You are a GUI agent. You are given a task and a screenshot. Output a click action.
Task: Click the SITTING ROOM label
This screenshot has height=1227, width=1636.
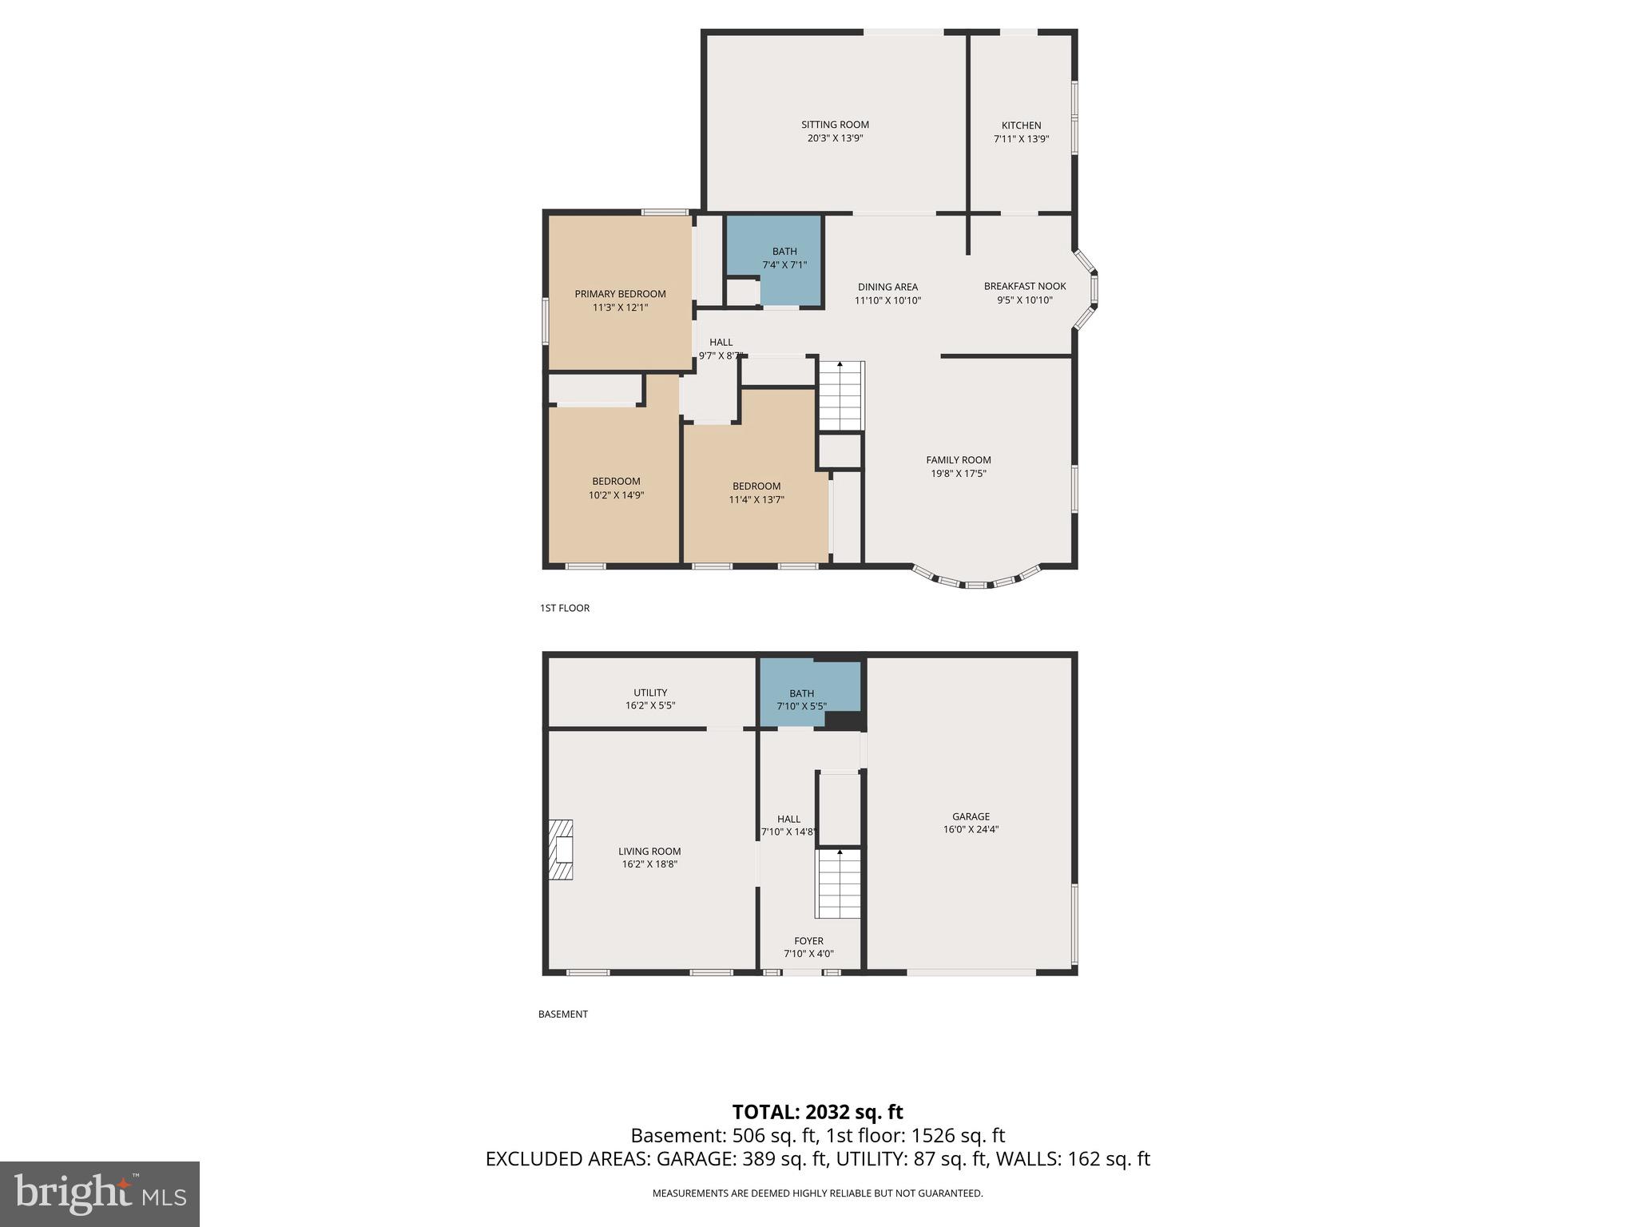point(835,125)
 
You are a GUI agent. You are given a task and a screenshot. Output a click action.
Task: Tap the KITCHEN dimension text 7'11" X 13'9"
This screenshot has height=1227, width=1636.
point(1021,139)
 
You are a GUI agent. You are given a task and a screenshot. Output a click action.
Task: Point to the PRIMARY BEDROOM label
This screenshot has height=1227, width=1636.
point(620,294)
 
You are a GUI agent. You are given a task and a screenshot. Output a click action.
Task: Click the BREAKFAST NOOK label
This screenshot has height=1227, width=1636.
point(1024,286)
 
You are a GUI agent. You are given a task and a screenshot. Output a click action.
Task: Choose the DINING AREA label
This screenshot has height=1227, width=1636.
point(887,287)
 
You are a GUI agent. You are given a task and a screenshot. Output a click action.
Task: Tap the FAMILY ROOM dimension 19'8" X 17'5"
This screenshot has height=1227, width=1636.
point(959,474)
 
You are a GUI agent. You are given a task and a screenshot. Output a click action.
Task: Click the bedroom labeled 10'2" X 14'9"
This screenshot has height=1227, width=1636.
point(616,488)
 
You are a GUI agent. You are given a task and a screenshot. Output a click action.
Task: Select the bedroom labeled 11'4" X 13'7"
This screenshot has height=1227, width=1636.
point(756,493)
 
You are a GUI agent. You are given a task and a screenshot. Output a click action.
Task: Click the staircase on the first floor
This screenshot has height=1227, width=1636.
point(840,396)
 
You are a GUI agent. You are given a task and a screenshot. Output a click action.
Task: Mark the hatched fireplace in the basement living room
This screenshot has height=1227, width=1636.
point(561,850)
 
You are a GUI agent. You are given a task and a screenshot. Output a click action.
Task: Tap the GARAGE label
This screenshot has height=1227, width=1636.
point(971,816)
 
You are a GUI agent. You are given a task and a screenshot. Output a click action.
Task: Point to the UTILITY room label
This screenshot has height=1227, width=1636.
point(650,693)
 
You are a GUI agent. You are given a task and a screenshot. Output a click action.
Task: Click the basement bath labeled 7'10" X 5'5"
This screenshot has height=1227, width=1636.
point(801,699)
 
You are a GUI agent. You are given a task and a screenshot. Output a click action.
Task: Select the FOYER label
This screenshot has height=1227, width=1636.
point(808,941)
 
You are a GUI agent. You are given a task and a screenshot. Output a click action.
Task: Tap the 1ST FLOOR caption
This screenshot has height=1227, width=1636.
point(564,608)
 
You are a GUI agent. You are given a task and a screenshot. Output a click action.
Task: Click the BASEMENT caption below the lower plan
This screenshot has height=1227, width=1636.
point(562,1014)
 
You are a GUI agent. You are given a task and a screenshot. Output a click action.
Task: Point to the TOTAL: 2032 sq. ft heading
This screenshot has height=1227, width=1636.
point(817,1112)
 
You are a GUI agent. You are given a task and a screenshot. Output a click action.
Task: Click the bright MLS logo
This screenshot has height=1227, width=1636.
point(99,1194)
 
